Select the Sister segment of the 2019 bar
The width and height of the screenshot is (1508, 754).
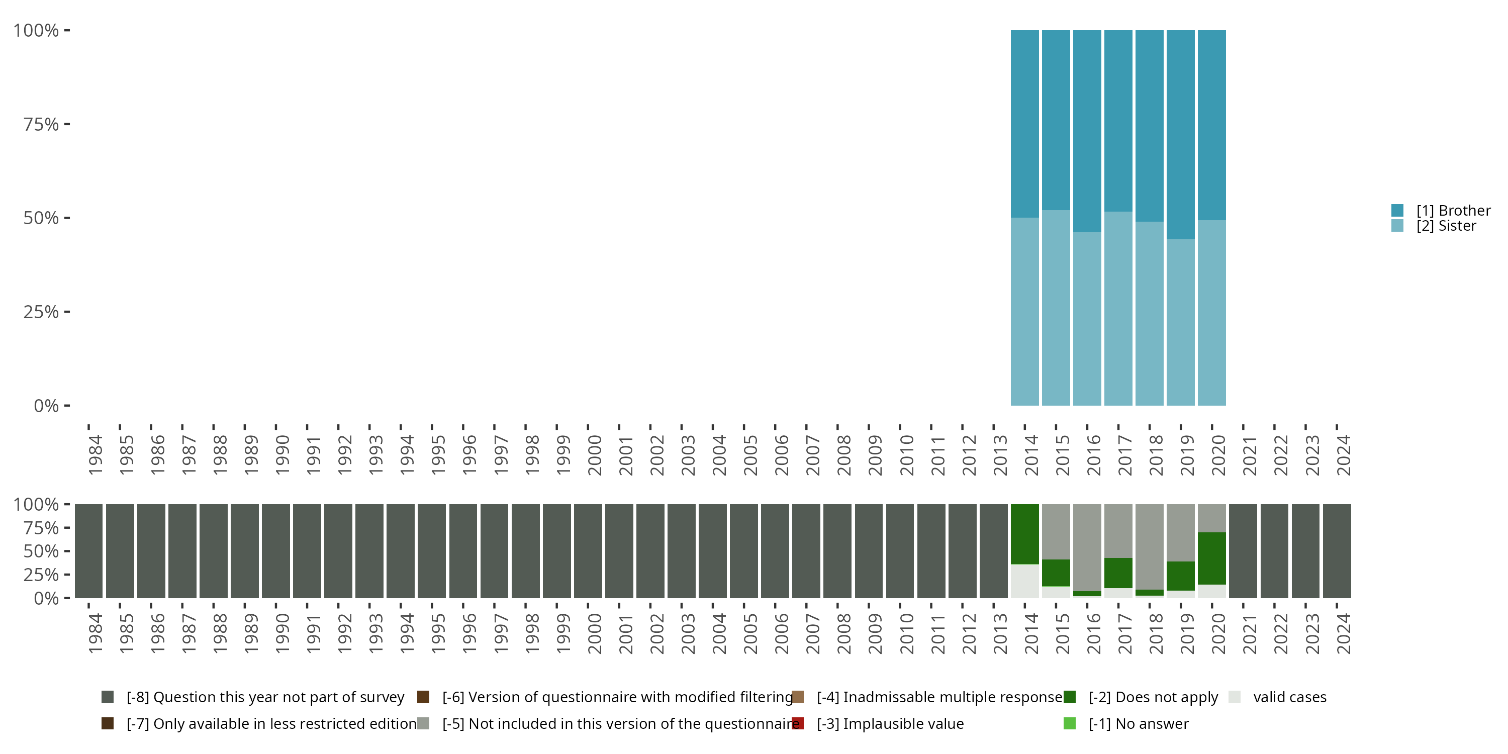coord(1180,322)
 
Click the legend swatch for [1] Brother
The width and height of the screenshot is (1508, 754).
coord(1397,210)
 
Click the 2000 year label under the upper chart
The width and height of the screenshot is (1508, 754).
coord(594,455)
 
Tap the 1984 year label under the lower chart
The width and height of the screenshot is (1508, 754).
coord(95,633)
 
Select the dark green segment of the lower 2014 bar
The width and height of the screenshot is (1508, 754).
coord(1024,534)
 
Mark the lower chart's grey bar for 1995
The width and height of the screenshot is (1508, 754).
coord(431,551)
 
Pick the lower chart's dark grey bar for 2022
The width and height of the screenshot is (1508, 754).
coord(1274,551)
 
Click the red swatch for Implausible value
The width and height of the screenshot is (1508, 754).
coord(797,723)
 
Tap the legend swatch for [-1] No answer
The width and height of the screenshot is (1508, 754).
coord(1069,723)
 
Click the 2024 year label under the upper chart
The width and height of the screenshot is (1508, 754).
coord(1343,455)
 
